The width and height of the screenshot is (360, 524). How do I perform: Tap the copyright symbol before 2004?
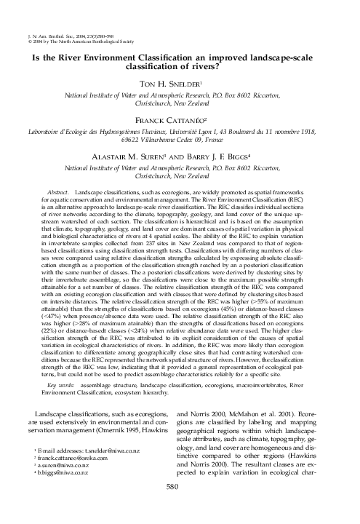pyautogui.click(x=28, y=20)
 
